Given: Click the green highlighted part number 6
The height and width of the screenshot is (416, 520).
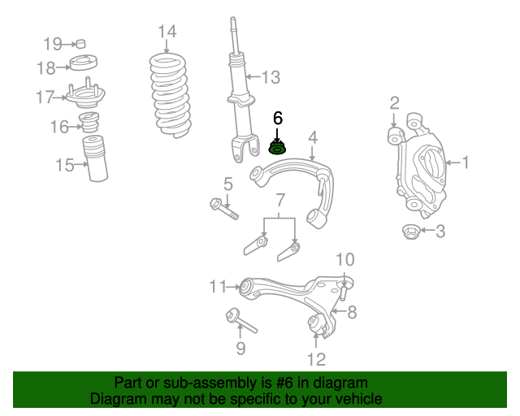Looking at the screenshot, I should pyautogui.click(x=278, y=149).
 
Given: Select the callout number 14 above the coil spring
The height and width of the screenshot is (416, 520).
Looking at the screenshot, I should pyautogui.click(x=167, y=32).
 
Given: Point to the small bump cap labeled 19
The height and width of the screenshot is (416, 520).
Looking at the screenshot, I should pyautogui.click(x=80, y=44).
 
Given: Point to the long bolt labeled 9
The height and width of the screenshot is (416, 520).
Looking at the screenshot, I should pyautogui.click(x=240, y=321).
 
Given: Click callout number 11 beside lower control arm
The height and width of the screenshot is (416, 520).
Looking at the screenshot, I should pyautogui.click(x=218, y=286).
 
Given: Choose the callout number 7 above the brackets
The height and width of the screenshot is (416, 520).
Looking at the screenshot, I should pyautogui.click(x=279, y=199).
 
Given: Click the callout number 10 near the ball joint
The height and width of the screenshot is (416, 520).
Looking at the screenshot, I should pyautogui.click(x=345, y=259).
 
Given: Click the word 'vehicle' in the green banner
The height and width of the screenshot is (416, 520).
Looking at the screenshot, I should pyautogui.click(x=359, y=400).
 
